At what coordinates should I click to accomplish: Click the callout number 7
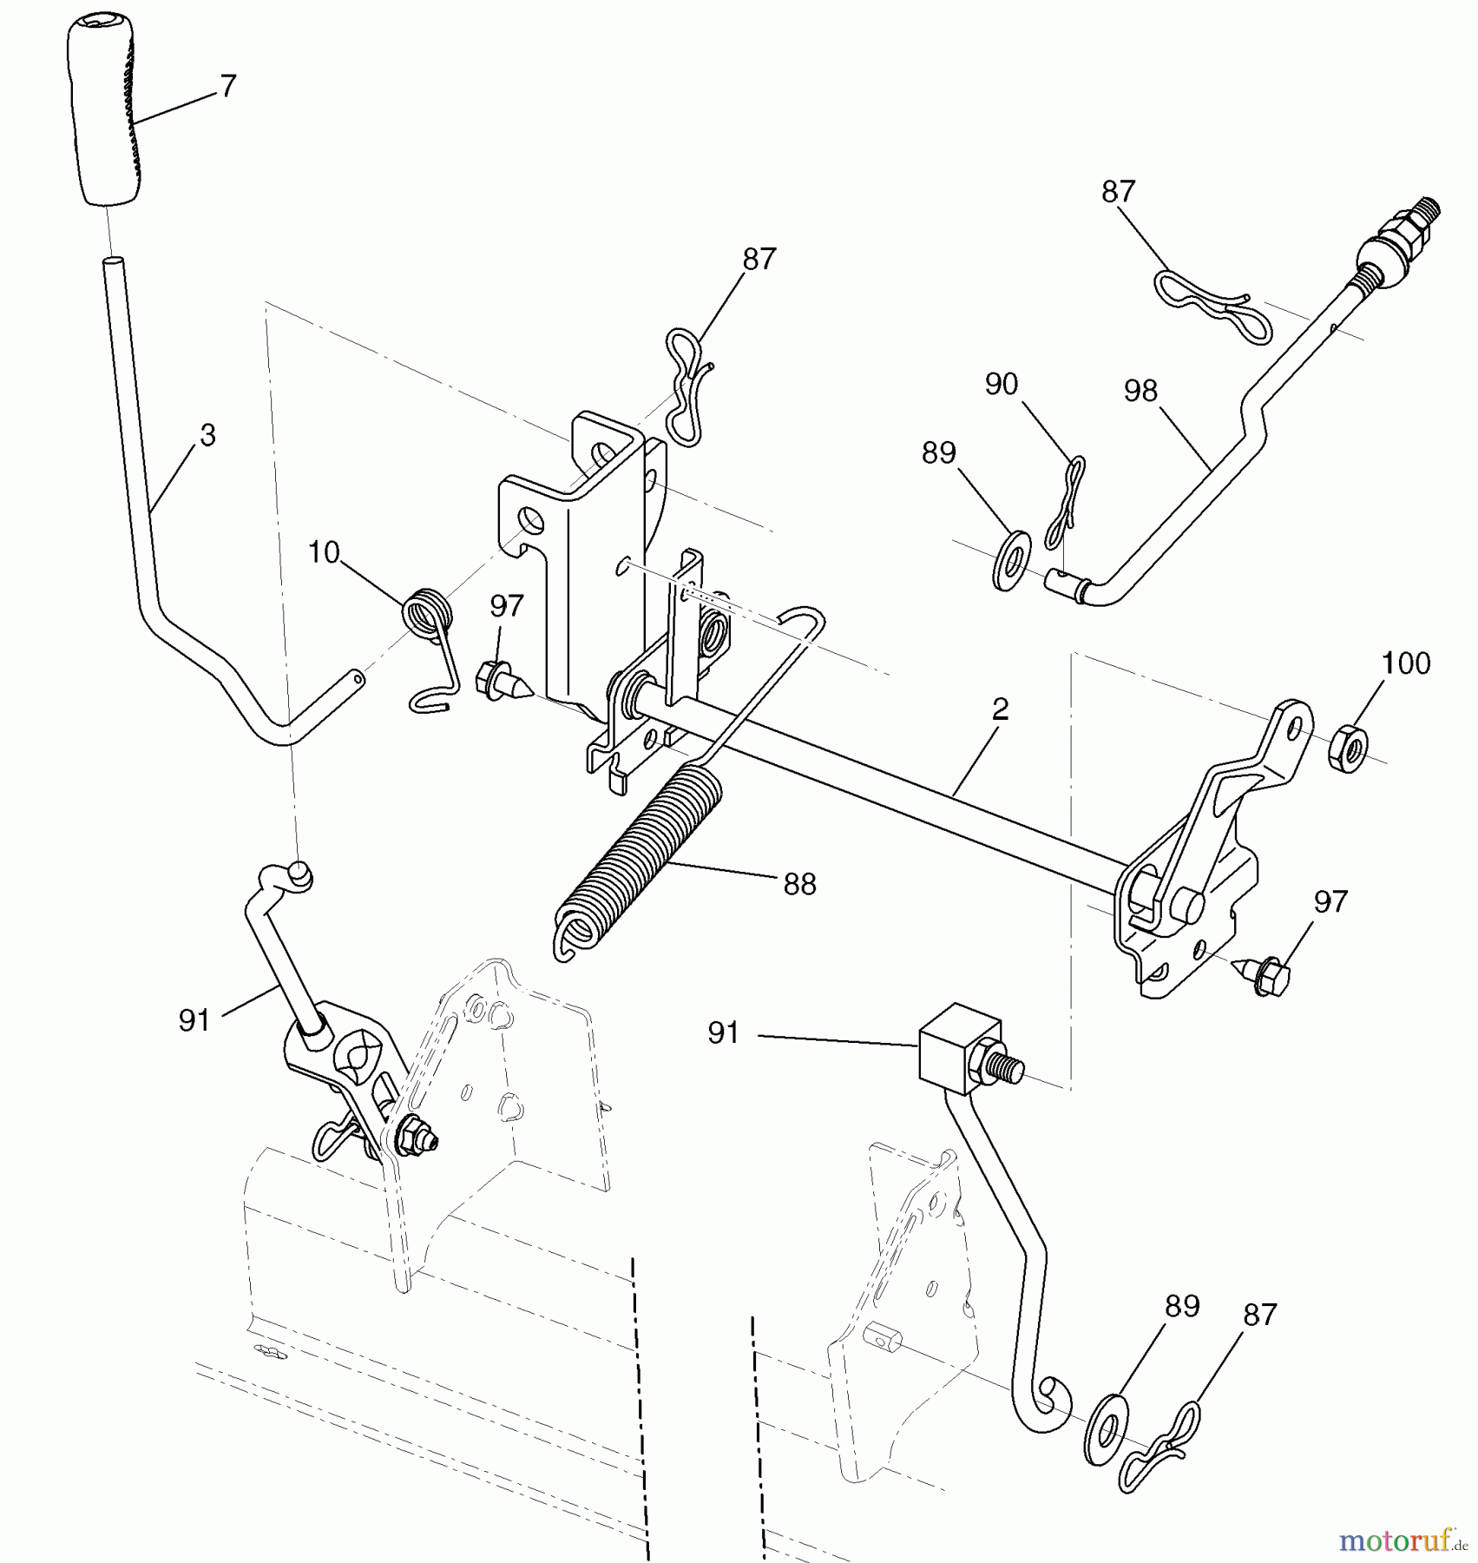[228, 86]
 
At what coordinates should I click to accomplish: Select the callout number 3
[207, 435]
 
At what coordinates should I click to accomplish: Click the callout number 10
[325, 552]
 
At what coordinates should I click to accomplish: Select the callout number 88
[799, 884]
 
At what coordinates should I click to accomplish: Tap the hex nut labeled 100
[1348, 750]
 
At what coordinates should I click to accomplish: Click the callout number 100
[1405, 663]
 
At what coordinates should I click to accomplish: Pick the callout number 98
[1140, 391]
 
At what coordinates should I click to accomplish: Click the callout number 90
[1002, 384]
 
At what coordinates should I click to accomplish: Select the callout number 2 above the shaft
[1000, 709]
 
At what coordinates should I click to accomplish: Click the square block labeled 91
[956, 1050]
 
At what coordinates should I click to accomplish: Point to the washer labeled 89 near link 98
[1012, 561]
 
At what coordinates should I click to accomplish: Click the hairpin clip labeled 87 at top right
[1214, 307]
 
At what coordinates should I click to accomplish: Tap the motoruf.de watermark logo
[1403, 1540]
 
